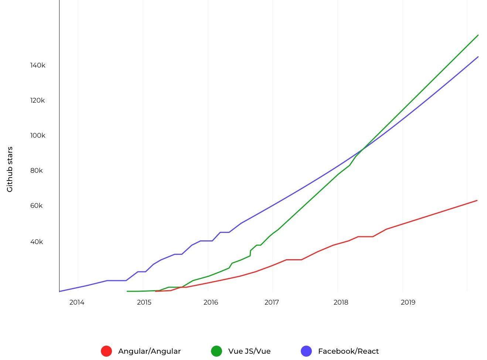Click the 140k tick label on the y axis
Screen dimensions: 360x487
coord(38,65)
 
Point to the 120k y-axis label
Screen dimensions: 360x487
coord(38,100)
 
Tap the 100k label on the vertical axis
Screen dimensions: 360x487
coord(38,136)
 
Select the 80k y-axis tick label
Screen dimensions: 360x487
coord(36,171)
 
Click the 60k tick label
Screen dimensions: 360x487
coord(36,206)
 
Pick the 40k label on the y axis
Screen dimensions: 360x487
coord(36,242)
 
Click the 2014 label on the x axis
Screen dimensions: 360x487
coord(77,302)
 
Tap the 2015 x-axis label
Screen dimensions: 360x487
coord(144,302)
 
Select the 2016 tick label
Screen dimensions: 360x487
coord(211,302)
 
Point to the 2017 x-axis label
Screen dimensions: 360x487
coord(272,302)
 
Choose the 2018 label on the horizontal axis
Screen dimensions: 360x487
coord(341,302)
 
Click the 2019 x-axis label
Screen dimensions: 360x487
coord(408,302)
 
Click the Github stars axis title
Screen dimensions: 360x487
coord(10,169)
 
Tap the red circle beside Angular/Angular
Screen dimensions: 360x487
coord(106,351)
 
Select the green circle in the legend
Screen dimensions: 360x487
coord(217,351)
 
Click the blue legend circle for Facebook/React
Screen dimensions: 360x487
coord(306,351)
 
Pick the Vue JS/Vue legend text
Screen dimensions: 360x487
coord(249,351)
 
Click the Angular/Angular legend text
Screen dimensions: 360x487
coord(149,351)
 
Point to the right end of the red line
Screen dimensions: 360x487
coord(477,200)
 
